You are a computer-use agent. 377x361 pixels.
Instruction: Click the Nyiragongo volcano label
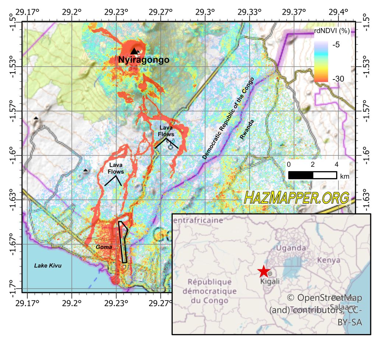pos(144,60)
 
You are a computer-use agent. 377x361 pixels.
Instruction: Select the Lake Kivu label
pos(48,265)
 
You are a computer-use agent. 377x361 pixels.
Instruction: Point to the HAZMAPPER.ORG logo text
pos(296,198)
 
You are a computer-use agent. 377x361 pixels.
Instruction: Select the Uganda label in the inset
pos(291,248)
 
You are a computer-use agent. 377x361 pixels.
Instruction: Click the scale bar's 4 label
pos(337,164)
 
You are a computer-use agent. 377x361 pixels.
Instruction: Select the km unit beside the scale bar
pos(345,176)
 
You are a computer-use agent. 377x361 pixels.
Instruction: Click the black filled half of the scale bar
pos(300,175)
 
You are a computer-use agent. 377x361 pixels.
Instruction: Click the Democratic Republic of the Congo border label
pos(228,118)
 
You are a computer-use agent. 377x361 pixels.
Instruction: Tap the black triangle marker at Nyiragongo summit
pos(134,52)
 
